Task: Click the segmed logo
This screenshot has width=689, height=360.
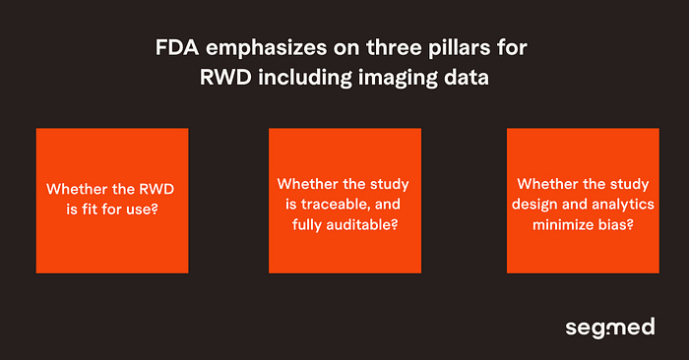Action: click(x=609, y=326)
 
